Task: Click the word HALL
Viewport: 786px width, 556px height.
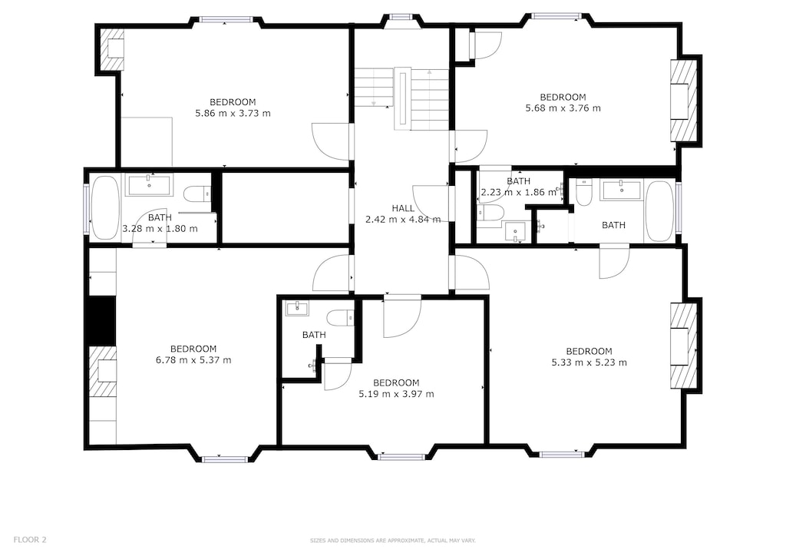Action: click(402, 208)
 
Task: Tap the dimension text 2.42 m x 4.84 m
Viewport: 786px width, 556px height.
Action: click(403, 219)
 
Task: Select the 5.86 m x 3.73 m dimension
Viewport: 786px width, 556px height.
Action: click(233, 113)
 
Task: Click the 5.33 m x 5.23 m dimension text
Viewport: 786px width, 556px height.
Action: click(589, 362)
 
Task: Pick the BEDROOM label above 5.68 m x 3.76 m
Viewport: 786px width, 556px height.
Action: click(563, 97)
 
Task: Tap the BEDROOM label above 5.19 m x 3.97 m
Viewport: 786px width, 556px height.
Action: click(396, 383)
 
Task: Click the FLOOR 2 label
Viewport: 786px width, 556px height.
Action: click(30, 540)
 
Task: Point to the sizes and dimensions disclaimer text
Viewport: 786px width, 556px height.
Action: click(392, 541)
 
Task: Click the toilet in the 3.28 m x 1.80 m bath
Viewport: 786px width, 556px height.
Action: click(196, 194)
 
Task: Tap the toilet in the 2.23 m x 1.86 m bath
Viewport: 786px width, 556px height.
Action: click(490, 213)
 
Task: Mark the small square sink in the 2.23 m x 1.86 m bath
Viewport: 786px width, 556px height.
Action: click(514, 230)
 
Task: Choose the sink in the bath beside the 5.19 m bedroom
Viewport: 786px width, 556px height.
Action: click(296, 309)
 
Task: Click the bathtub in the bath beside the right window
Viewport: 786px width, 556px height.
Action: click(659, 211)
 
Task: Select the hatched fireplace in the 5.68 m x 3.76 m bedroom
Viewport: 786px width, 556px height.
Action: click(683, 101)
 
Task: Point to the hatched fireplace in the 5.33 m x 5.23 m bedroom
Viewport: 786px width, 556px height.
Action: click(683, 346)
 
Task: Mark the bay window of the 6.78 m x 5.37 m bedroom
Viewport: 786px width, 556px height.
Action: click(225, 459)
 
